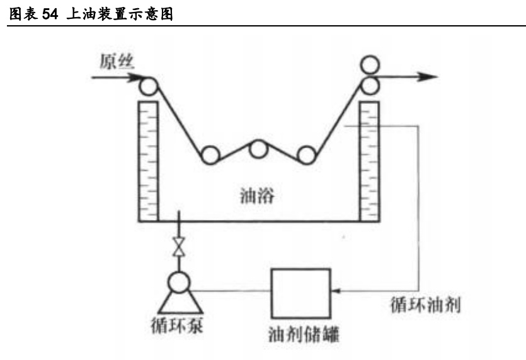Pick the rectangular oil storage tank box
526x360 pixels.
[300, 293]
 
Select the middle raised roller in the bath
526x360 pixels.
[258, 149]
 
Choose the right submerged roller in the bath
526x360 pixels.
[306, 155]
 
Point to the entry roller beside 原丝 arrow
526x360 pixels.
[149, 85]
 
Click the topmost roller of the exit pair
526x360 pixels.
[370, 65]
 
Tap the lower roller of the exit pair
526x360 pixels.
[370, 84]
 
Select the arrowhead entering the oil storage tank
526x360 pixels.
[335, 291]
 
